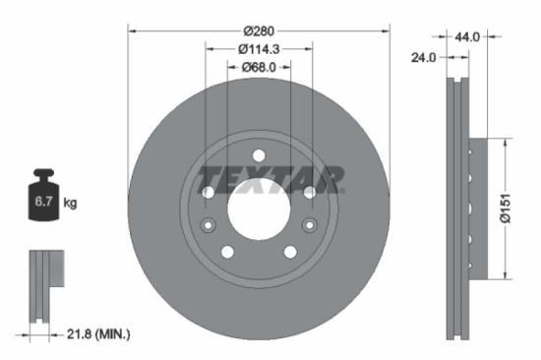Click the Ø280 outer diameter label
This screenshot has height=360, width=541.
coord(259,30)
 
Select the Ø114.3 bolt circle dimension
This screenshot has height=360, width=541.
coord(259,48)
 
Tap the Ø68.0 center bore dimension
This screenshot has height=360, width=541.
coord(259,67)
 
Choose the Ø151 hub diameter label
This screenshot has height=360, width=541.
coord(505,208)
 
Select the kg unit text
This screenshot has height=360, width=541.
coord(70,204)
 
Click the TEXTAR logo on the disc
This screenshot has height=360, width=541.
coord(271,180)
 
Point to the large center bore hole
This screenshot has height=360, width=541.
coord(258,209)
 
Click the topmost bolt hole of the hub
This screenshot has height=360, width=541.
coord(259,156)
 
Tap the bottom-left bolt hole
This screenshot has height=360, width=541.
coord(227,252)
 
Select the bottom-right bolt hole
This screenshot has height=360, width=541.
coord(290,252)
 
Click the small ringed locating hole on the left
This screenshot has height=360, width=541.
coord(208,226)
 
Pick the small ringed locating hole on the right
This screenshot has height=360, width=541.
coord(310,226)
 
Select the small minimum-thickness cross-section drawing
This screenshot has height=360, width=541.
coord(44,286)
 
